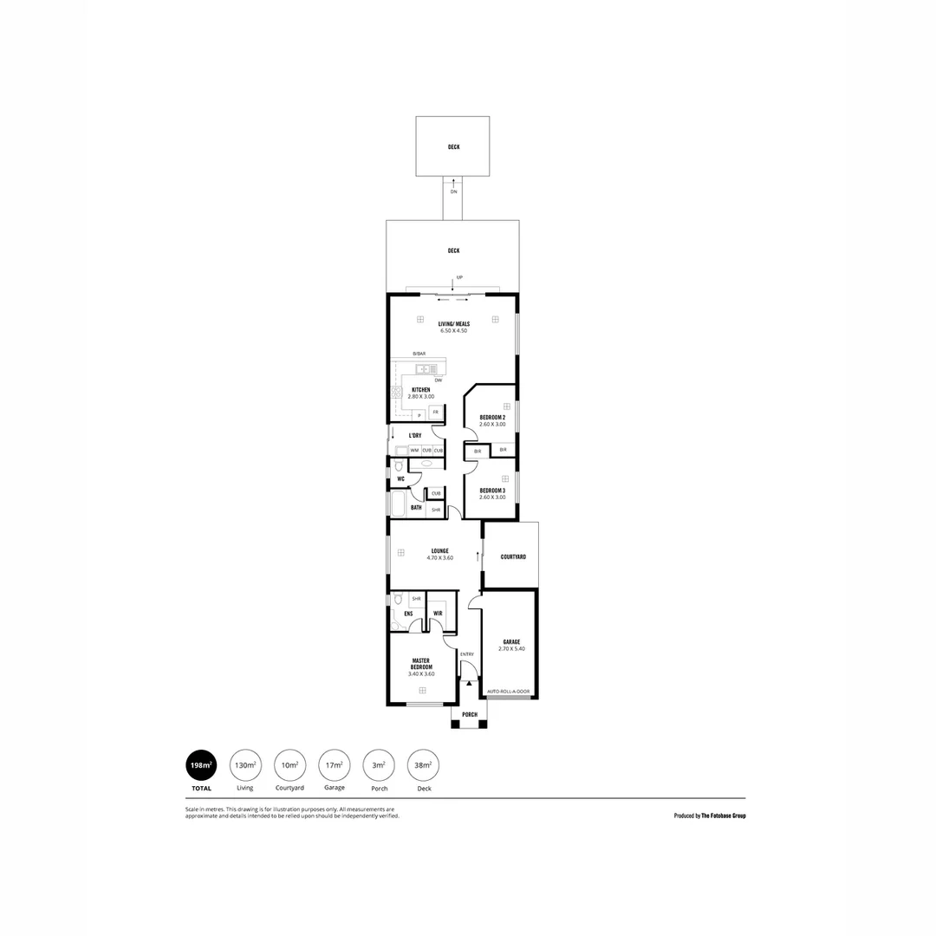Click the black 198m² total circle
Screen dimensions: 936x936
click(201, 765)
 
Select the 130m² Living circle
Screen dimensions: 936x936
click(245, 765)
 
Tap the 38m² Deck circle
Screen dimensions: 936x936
click(422, 765)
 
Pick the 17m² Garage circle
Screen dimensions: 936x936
click(334, 765)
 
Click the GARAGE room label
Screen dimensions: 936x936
click(511, 641)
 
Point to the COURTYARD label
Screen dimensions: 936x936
click(513, 556)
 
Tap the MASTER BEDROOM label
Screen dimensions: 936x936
click(421, 664)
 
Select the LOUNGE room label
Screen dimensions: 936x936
click(439, 550)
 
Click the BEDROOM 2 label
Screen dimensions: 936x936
click(492, 417)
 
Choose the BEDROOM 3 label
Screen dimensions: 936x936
click(492, 490)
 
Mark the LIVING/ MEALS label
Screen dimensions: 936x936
click(453, 323)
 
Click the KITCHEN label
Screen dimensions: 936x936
click(421, 390)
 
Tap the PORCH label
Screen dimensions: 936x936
click(470, 714)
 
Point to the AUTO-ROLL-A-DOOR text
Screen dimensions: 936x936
click(509, 692)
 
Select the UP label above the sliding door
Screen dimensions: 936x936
click(459, 277)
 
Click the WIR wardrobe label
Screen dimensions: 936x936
click(438, 614)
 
